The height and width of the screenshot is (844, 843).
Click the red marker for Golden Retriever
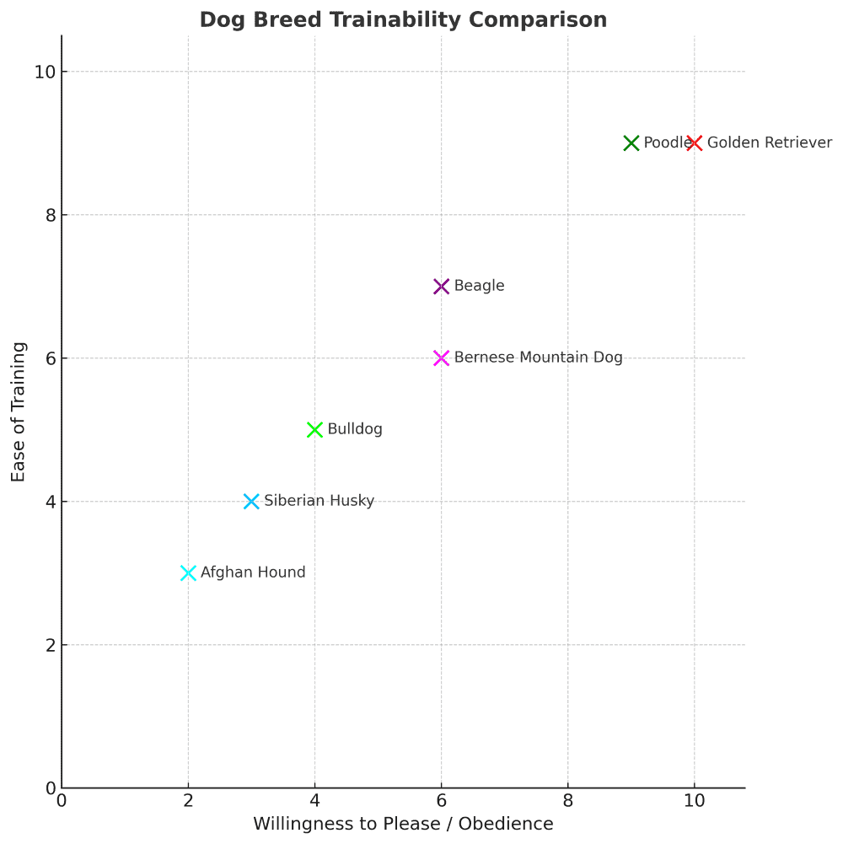pyautogui.click(x=694, y=143)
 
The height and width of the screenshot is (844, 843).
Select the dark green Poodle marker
pyautogui.click(x=631, y=143)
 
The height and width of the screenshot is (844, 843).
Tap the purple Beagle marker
pyautogui.click(x=441, y=287)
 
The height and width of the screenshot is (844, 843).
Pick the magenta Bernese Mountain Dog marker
pyautogui.click(x=441, y=358)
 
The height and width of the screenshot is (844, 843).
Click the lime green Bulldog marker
pyautogui.click(x=314, y=430)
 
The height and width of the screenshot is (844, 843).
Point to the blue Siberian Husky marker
pyautogui.click(x=251, y=502)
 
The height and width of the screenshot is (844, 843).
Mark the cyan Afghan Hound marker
pyautogui.click(x=188, y=573)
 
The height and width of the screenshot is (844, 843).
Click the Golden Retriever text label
pyautogui.click(x=769, y=143)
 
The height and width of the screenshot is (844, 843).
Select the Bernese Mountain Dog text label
pyautogui.click(x=538, y=358)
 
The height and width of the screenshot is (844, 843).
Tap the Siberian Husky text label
pyautogui.click(x=319, y=502)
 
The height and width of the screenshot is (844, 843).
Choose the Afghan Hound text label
pyautogui.click(x=253, y=573)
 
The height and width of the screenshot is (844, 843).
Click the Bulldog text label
pyautogui.click(x=355, y=430)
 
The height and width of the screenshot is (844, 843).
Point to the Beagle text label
pyautogui.click(x=479, y=287)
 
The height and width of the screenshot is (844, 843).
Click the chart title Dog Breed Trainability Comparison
pyautogui.click(x=403, y=20)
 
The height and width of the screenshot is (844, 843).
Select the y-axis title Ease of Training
pyautogui.click(x=19, y=411)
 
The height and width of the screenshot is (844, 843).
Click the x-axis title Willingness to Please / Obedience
pyautogui.click(x=403, y=824)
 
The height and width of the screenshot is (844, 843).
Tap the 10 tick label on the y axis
pyautogui.click(x=45, y=72)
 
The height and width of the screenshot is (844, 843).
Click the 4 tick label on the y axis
pyautogui.click(x=50, y=502)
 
